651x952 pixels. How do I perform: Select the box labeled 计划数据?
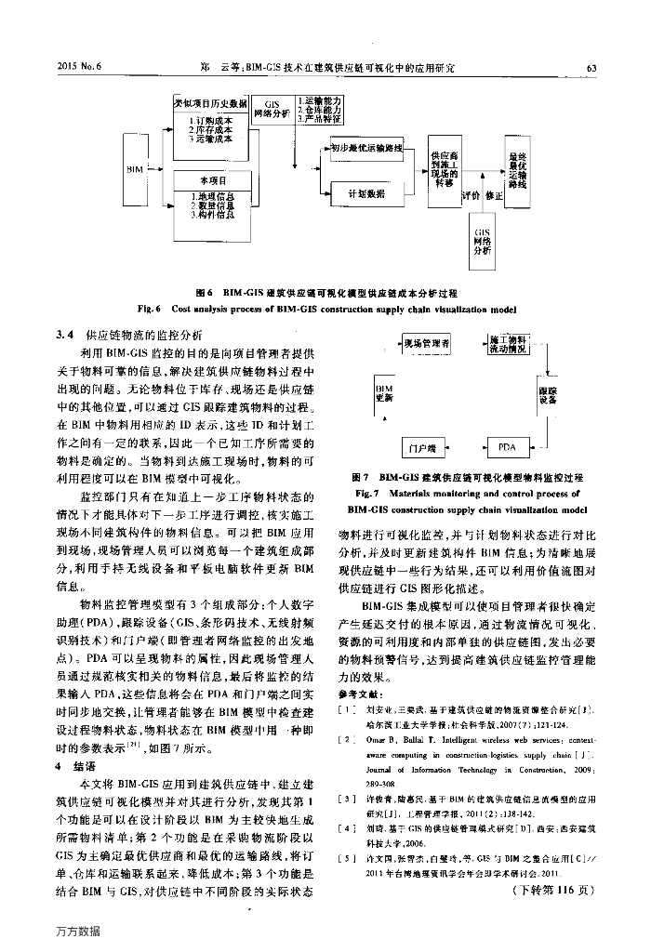point(365,193)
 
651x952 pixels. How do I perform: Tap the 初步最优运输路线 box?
point(365,148)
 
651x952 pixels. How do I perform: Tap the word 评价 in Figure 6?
point(471,196)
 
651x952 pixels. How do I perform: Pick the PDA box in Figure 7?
point(507,446)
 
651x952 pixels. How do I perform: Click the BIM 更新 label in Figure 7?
point(383,391)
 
